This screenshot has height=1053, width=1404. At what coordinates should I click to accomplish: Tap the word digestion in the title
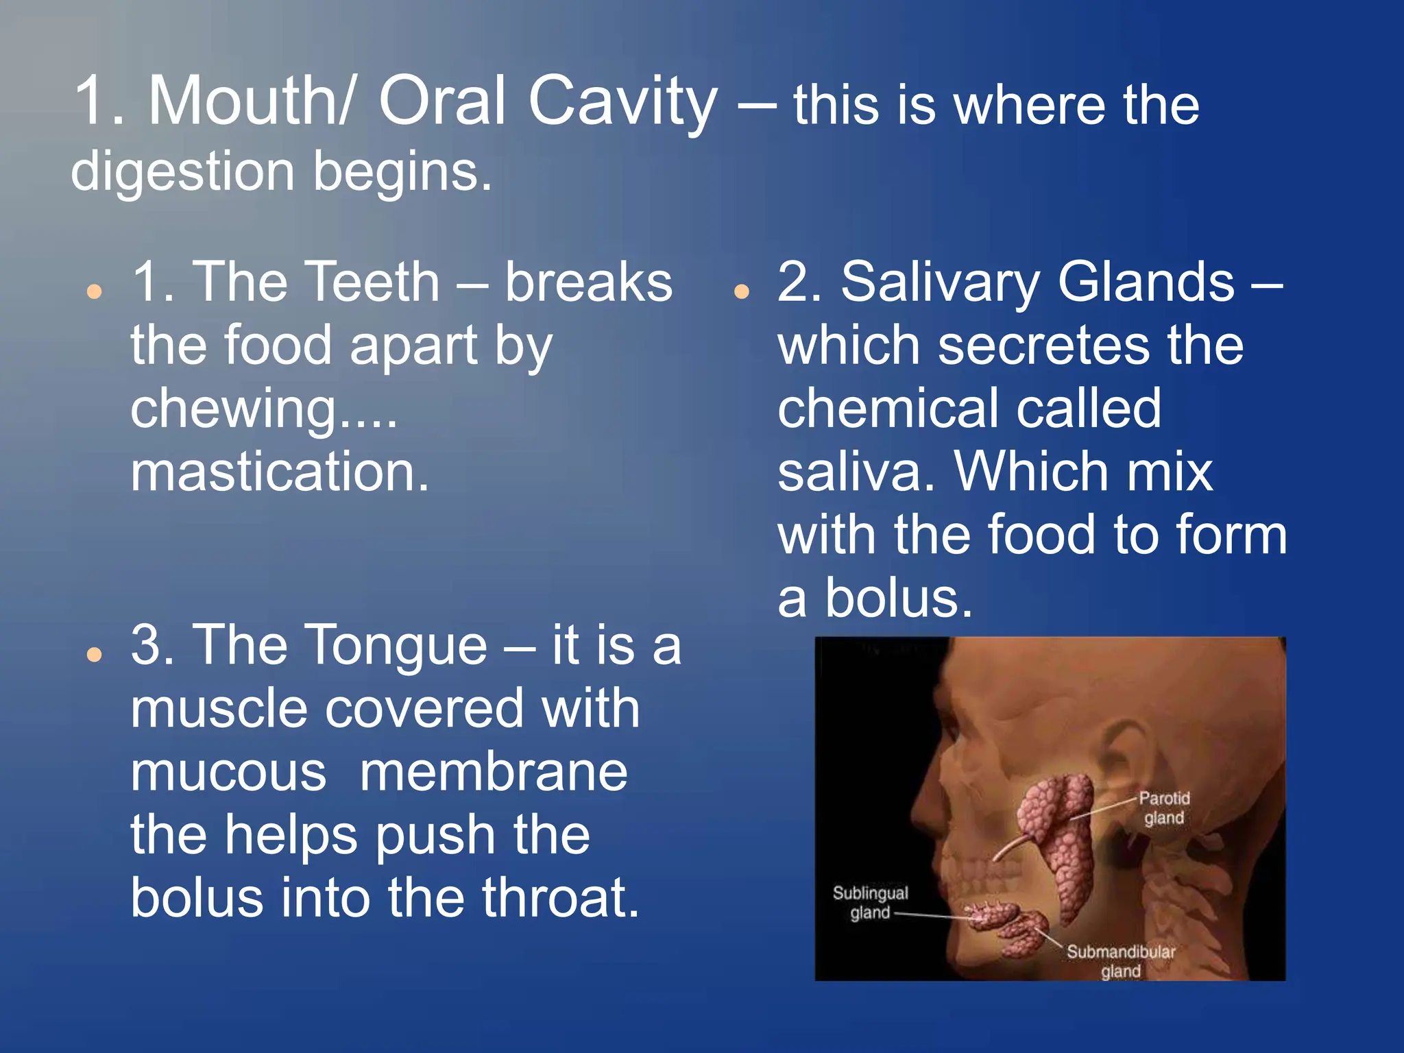pos(182,171)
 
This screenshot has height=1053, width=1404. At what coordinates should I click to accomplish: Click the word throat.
pos(559,898)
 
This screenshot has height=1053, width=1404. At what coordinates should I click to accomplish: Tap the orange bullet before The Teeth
pos(95,292)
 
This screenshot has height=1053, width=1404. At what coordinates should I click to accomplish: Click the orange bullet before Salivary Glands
pos(740,292)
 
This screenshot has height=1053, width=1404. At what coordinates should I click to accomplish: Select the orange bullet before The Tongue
pos(95,655)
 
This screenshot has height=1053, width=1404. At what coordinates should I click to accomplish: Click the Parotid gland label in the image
pos(1163,808)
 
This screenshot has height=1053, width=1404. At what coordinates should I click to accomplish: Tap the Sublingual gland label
pos(869,902)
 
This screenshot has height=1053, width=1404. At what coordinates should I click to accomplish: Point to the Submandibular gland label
pos(1120,960)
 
